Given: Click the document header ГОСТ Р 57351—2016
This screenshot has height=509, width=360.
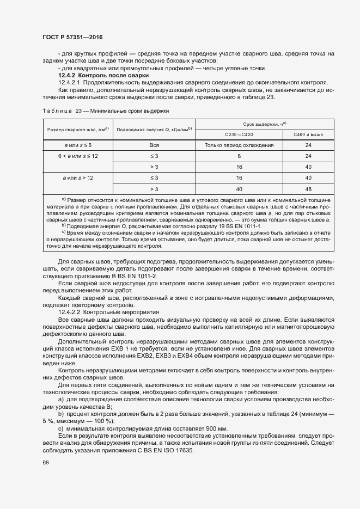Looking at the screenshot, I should pyautogui.click(x=72, y=36).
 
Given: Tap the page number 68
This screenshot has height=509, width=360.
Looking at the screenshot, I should pyautogui.click(x=45, y=462).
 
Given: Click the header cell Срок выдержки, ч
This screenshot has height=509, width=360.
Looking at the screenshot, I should pyautogui.click(x=264, y=124).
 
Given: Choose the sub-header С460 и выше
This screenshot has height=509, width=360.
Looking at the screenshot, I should pyautogui.click(x=308, y=135).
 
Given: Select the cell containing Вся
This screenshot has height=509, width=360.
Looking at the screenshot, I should pyautogui.click(x=154, y=145).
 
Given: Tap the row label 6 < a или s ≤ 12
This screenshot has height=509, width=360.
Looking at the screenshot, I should pyautogui.click(x=77, y=156).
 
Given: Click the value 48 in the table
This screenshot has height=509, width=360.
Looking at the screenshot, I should pyautogui.click(x=308, y=188).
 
